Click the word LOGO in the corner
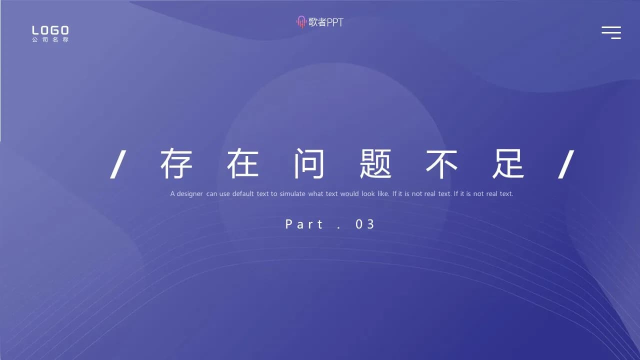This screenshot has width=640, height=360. coord(50,30)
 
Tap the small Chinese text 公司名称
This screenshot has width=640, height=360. coord(50,40)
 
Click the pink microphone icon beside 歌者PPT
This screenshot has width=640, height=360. coord(301,22)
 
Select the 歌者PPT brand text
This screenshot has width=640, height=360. coord(326,22)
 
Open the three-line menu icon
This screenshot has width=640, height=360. coord(611,32)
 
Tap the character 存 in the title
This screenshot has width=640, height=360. coord(176,164)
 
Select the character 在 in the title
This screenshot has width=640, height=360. coord(243,164)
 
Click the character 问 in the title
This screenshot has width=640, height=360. coord(309,164)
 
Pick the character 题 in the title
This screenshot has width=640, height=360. coord(375,164)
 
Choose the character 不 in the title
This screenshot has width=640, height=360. coord(442,164)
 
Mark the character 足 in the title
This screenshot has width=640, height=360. coord(508,164)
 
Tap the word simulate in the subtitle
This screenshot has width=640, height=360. coord(292,193)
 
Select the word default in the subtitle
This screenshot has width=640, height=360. coord(243,193)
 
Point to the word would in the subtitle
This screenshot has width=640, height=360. coord(349,193)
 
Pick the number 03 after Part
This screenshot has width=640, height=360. coord(365,224)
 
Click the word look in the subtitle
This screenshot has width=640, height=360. coord(368,193)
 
